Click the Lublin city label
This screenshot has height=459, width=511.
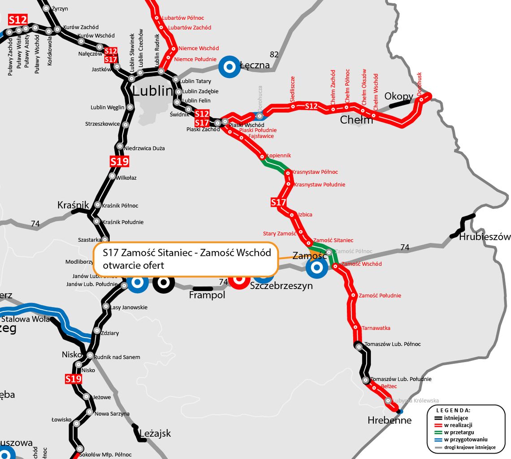(152, 91)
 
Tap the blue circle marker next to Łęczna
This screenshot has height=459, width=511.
(229, 67)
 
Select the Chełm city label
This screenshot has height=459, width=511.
(356, 120)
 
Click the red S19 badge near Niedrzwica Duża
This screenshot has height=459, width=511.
(119, 161)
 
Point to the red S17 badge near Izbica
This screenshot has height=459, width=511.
(278, 203)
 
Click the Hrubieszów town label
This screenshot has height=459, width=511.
(485, 237)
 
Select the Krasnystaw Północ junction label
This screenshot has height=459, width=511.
(315, 172)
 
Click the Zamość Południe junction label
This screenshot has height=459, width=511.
(380, 295)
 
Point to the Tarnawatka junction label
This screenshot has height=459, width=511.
(376, 328)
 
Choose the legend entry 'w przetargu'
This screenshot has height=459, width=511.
(460, 432)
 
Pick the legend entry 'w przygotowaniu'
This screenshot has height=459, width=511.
(466, 439)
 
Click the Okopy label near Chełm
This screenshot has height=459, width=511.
(398, 96)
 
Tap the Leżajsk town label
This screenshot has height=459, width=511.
(155, 433)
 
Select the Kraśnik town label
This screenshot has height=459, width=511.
(73, 205)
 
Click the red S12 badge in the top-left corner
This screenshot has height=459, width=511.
(18, 20)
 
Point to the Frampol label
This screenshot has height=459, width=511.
(207, 295)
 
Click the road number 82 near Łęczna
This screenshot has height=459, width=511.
(274, 55)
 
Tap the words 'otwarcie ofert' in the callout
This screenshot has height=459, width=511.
(133, 265)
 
